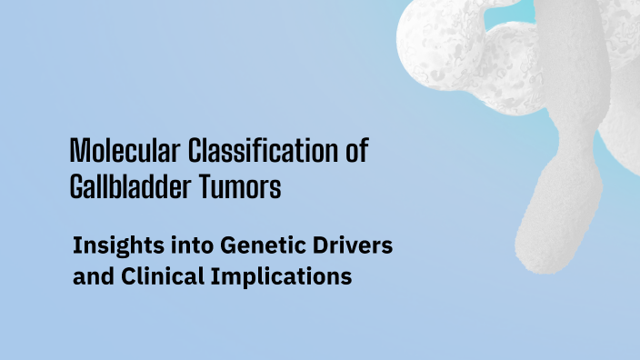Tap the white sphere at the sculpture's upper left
click(x=427, y=41)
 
